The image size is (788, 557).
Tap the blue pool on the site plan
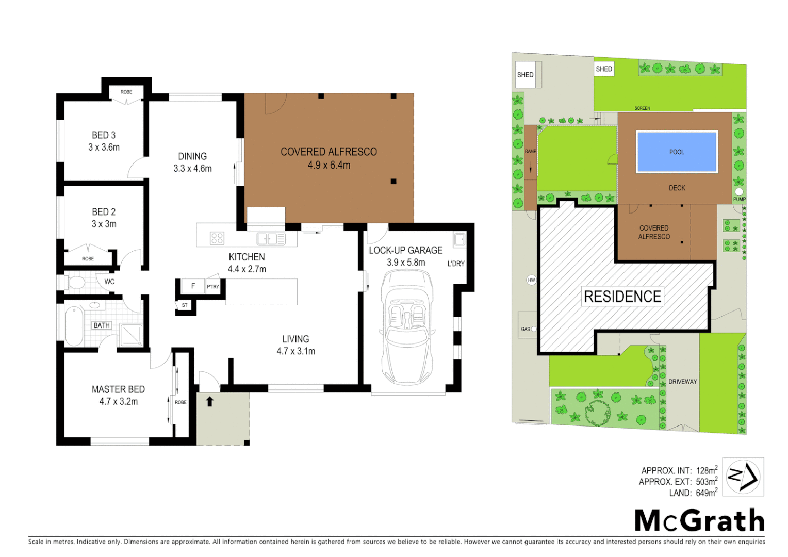pos(677,152)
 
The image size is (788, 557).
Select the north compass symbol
pos(743,477)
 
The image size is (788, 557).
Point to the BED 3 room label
pos(104,135)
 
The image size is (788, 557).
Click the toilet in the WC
pos(76,282)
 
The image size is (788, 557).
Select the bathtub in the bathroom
pos(74,326)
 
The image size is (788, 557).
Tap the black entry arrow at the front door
pos(210,401)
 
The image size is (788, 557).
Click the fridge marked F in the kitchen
pos(193,286)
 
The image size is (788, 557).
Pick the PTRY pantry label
pos(213,287)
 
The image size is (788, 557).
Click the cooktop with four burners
pos(217,238)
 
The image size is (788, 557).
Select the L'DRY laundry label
pos(456,264)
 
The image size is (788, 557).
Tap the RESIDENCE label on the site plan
pos(622,297)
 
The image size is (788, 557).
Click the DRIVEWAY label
pos(682,382)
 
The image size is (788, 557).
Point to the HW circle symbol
pos(531,280)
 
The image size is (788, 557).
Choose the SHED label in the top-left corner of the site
pos(525,75)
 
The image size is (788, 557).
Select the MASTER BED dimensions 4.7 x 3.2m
pos(119,402)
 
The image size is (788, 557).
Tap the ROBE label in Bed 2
pos(88,259)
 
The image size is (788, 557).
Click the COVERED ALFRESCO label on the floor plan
pos(329,152)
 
